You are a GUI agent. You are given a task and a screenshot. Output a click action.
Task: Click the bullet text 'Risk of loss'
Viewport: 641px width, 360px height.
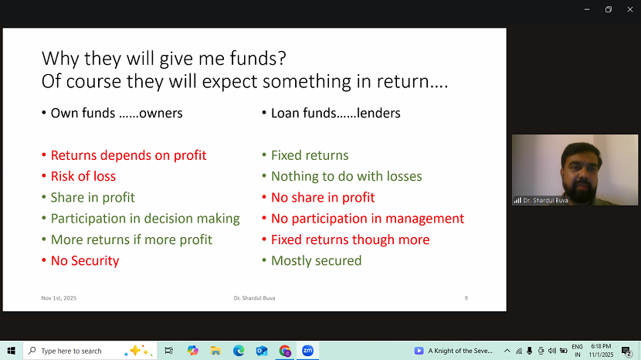pos(83,176)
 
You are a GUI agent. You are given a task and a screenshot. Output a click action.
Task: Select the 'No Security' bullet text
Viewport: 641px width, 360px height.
pos(85,260)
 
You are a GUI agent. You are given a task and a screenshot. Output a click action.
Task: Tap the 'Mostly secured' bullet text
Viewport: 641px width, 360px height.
pos(316,260)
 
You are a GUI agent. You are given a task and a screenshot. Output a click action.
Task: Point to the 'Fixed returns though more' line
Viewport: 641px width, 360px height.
pos(351,239)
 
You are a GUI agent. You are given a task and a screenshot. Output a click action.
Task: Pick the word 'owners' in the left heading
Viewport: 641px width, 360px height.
pos(161,113)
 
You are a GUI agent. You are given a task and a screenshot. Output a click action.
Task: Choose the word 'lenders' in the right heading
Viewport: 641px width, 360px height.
pos(378,113)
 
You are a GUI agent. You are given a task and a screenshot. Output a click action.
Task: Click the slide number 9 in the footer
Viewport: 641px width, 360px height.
pos(466,298)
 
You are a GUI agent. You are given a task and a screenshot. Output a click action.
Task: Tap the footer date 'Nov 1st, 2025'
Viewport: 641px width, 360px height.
pos(59,298)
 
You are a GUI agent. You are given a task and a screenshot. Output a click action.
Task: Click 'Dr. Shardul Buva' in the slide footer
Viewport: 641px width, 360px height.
pos(254,298)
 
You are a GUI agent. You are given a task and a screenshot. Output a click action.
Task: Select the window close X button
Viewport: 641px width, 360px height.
pos(630,9)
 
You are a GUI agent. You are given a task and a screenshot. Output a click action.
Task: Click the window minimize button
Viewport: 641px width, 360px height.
pos(587,9)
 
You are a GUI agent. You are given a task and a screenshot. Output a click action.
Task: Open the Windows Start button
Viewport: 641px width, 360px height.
pos(11,351)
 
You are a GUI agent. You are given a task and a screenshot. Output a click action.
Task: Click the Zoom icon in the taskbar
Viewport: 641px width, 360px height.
pos(307,351)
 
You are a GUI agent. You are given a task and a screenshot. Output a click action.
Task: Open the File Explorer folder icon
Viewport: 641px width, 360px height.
pos(215,351)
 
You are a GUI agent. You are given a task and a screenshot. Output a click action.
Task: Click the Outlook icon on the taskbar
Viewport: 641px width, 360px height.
pos(262,351)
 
